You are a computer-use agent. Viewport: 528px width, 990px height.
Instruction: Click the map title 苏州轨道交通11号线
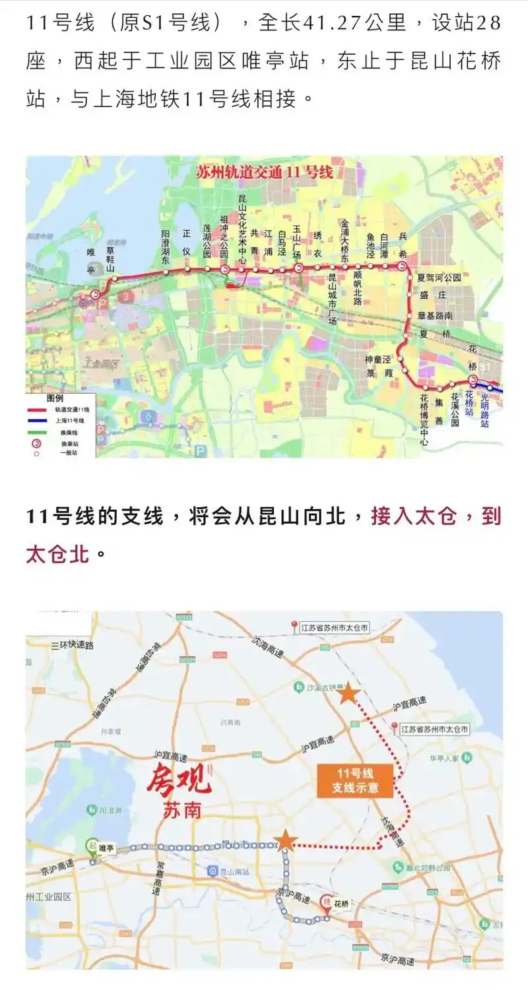click(265, 173)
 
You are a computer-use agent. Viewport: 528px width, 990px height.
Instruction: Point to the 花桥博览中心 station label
click(424, 419)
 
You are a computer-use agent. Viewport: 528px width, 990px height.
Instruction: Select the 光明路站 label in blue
click(485, 409)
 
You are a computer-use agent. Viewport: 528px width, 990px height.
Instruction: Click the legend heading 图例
click(55, 399)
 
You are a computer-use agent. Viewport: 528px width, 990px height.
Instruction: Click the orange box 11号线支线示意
click(356, 781)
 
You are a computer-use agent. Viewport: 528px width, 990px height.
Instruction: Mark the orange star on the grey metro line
click(285, 840)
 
